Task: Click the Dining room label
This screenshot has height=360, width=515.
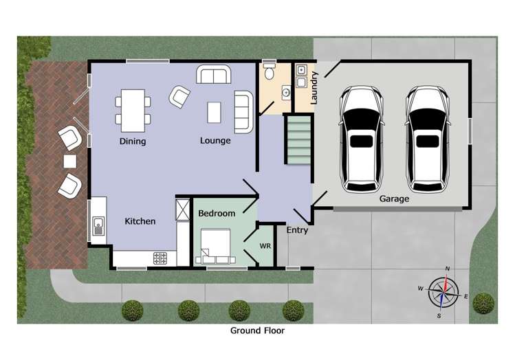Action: tap(133, 142)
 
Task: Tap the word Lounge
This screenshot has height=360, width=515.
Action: tap(215, 141)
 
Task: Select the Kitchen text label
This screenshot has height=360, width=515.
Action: tap(140, 221)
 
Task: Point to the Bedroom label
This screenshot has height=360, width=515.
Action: tap(217, 214)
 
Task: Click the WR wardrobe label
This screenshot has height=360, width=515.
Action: tap(265, 245)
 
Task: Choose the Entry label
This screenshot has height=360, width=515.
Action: tap(297, 230)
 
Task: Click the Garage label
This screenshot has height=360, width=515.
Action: tap(394, 199)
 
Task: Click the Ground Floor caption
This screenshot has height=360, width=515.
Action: tap(257, 330)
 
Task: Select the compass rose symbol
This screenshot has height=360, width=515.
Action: tap(444, 292)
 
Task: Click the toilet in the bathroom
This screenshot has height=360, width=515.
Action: tap(270, 71)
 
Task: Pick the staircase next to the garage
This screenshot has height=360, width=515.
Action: tap(299, 139)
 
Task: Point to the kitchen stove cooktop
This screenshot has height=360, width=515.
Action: tap(160, 258)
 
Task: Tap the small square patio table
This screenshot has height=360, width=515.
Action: tap(70, 161)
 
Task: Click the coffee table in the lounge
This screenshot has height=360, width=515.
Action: tap(215, 112)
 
